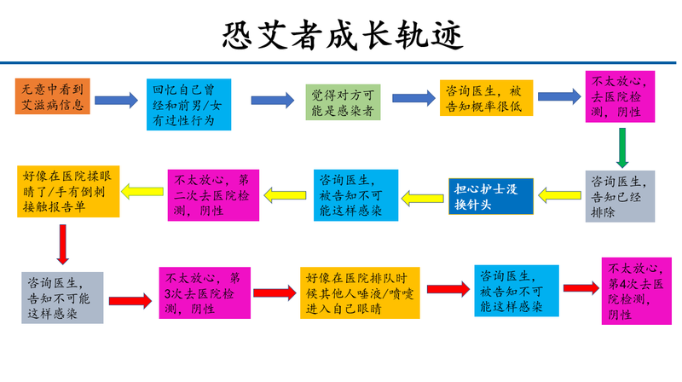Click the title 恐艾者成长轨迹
pos(341,33)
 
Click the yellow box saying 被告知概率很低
pos(487,98)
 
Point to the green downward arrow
pos(622,148)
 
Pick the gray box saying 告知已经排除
pos(621,195)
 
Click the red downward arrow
pos(61,245)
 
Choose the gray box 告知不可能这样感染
pos(61,297)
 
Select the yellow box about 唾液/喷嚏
pos(360,292)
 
